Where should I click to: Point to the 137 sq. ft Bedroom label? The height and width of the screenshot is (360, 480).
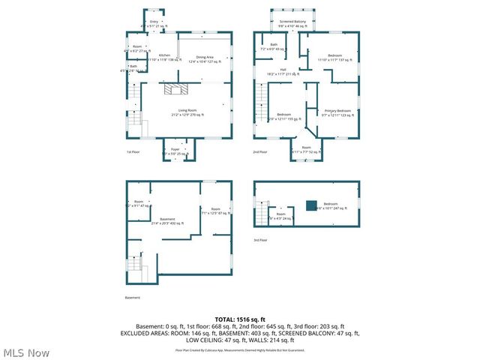coord(334,58)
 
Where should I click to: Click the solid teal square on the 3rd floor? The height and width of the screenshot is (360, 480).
coord(310,205)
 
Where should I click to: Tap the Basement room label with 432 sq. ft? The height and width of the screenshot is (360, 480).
coord(166,220)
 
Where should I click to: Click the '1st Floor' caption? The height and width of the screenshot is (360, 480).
coord(133,152)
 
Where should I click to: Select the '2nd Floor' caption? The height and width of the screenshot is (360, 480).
coord(259,152)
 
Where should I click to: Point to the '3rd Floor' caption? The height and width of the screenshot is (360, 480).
coord(259,240)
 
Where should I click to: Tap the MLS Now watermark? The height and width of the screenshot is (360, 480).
coord(26,352)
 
